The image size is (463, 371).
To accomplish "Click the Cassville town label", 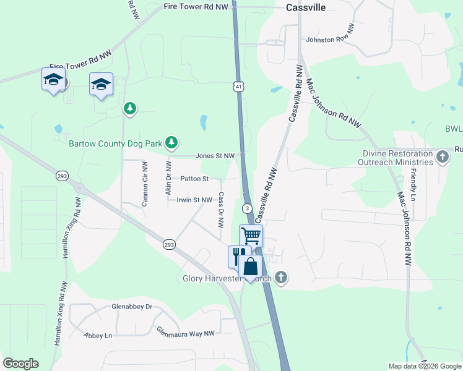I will point(306,7).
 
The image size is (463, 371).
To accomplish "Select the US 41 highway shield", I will point(238,87).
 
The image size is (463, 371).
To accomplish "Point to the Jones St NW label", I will point(215,156).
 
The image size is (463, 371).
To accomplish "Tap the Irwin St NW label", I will point(194,200).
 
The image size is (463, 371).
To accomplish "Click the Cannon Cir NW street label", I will point(144,184).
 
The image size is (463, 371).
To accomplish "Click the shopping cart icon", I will point(251,235).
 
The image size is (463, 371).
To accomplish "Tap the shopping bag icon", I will point(251,267).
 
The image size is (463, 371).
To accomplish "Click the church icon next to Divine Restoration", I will point(442,157).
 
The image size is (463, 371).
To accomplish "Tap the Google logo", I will point(20,364).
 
